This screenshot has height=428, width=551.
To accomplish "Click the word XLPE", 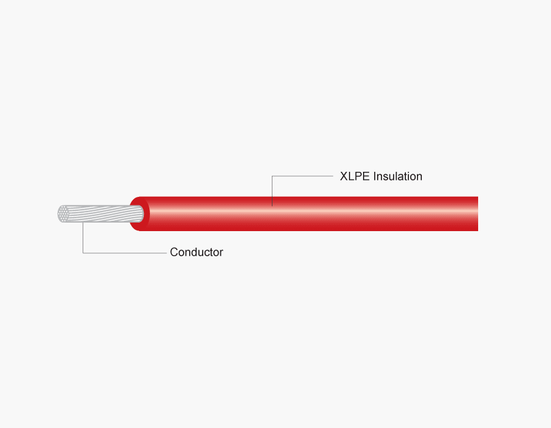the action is click(x=354, y=176).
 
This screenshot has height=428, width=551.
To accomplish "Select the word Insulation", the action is click(x=398, y=176).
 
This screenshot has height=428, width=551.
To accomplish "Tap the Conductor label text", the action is click(x=197, y=252).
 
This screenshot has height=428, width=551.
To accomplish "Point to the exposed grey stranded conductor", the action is click(x=100, y=213).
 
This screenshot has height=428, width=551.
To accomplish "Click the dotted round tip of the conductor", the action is click(x=63, y=213).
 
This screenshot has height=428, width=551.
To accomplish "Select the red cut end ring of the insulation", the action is click(x=140, y=213).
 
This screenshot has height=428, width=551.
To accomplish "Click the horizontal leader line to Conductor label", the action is click(x=125, y=253).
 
